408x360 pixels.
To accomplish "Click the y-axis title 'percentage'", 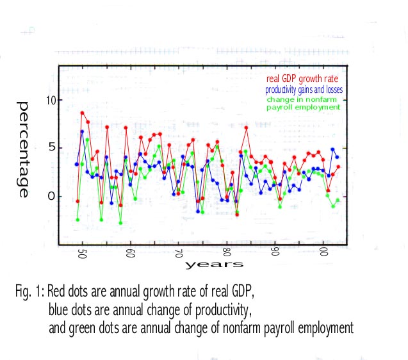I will [x=24, y=149].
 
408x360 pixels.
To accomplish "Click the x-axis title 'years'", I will [x=214, y=265].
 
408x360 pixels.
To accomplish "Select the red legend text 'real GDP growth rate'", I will [x=306, y=79].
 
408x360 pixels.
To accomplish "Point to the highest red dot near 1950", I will [x=83, y=113].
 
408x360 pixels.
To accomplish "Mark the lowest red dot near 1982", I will [x=237, y=214].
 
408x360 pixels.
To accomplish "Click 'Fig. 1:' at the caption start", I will [x=30, y=292].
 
